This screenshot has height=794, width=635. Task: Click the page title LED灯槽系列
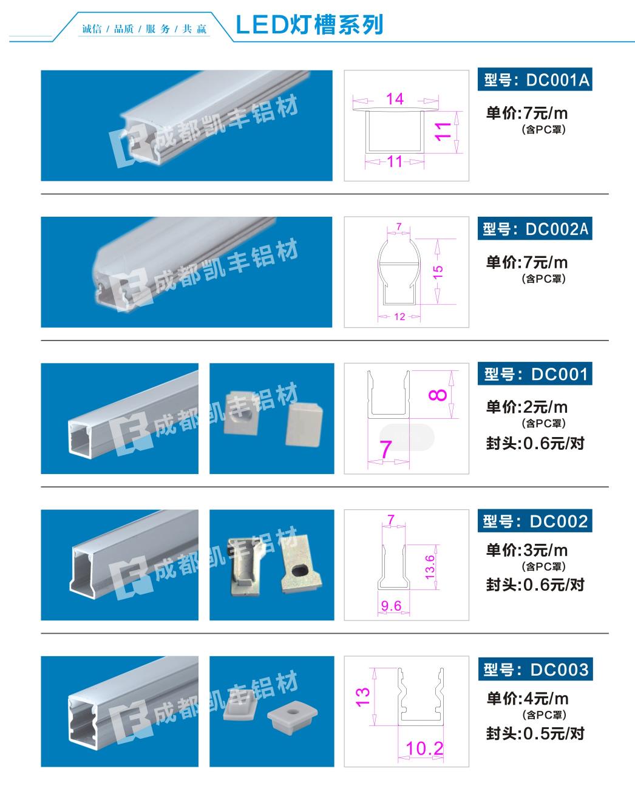tap(309, 25)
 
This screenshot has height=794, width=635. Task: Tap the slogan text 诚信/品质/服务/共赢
tap(144, 29)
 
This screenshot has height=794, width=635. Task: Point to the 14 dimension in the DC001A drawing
tap(395, 99)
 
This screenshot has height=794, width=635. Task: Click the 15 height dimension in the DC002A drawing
tap(438, 272)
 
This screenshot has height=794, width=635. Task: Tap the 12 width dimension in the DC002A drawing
tap(399, 316)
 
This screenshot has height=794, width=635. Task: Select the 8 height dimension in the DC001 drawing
tap(438, 395)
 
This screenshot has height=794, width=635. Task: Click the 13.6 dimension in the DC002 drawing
tap(430, 567)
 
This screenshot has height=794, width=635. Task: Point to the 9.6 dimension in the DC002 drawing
tap(391, 605)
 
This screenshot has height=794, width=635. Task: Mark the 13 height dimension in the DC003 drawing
tap(362, 697)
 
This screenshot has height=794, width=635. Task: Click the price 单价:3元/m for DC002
tap(527, 550)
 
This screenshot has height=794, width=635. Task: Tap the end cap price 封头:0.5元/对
tap(535, 733)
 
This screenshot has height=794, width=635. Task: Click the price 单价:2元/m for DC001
tap(527, 407)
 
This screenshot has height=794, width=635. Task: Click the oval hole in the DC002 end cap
tap(299, 571)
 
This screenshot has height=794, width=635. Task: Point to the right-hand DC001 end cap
tap(304, 424)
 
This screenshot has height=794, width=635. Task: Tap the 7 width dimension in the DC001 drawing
tap(385, 449)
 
